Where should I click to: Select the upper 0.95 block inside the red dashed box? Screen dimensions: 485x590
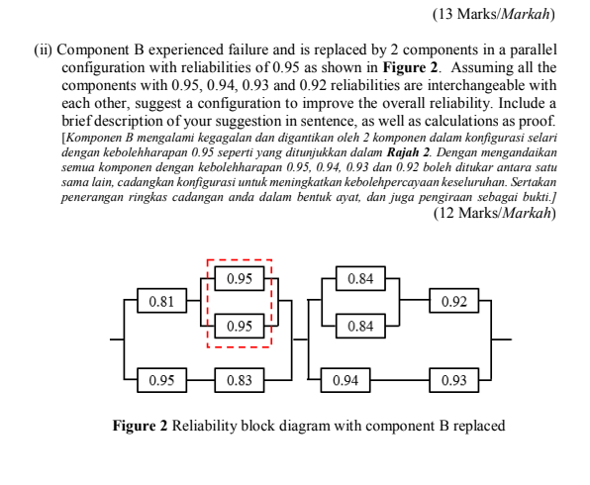tap(238, 279)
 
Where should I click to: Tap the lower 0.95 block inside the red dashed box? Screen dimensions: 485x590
tap(238, 326)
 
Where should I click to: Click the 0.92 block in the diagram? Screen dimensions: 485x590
tap(453, 301)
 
